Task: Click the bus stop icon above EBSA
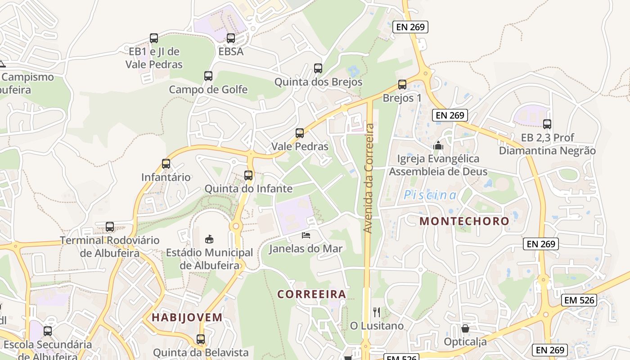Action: pyautogui.click(x=231, y=38)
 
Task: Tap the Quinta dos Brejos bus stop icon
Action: pyautogui.click(x=318, y=68)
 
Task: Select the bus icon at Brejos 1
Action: pyautogui.click(x=402, y=84)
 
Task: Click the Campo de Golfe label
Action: pyautogui.click(x=208, y=90)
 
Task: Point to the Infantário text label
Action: pyautogui.click(x=166, y=177)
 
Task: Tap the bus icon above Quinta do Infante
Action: pyautogui.click(x=248, y=175)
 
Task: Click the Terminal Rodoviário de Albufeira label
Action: pyautogui.click(x=110, y=247)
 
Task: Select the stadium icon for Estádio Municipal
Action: pyautogui.click(x=209, y=239)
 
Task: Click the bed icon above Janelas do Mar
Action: pyautogui.click(x=306, y=235)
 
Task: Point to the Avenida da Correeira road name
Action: pyautogui.click(x=369, y=178)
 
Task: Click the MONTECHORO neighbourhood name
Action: pyautogui.click(x=464, y=221)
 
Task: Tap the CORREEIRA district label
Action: pyautogui.click(x=312, y=294)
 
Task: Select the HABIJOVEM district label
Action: pyautogui.click(x=187, y=317)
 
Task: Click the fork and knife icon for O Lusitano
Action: pyautogui.click(x=377, y=312)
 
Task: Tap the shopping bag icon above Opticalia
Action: pyautogui.click(x=465, y=328)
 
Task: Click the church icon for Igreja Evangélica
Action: pyautogui.click(x=438, y=145)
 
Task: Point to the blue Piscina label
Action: pyautogui.click(x=430, y=195)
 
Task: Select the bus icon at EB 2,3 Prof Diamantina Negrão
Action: pyautogui.click(x=547, y=124)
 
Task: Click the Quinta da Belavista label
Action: pyautogui.click(x=201, y=352)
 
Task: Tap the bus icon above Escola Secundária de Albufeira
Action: pyautogui.click(x=48, y=331)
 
